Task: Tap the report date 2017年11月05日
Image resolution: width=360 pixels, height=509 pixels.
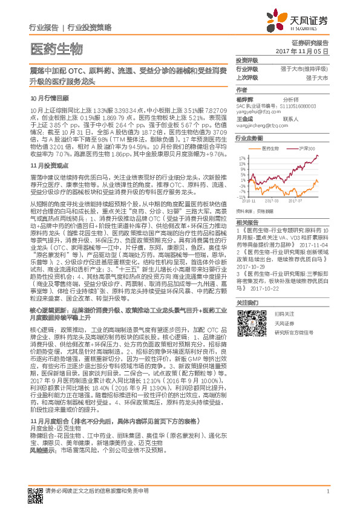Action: pyautogui.click(x=307, y=52)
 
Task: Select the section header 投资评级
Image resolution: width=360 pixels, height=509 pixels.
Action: pyautogui.click(x=247, y=61)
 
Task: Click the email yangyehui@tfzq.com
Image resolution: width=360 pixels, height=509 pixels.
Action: pyautogui.click(x=257, y=112)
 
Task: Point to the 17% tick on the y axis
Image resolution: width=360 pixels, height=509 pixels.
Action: pyautogui.click(x=241, y=157)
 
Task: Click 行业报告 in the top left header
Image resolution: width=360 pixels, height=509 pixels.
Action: pyautogui.click(x=44, y=28)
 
